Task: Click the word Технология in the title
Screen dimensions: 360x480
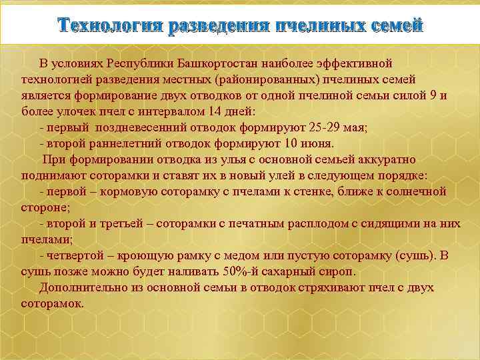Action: pyautogui.click(x=110, y=25)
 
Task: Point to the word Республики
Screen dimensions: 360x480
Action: pyautogui.click(x=141, y=63)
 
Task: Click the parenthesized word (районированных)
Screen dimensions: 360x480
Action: pyautogui.click(x=259, y=79)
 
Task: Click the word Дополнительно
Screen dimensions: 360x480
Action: pyautogui.click(x=79, y=287)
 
